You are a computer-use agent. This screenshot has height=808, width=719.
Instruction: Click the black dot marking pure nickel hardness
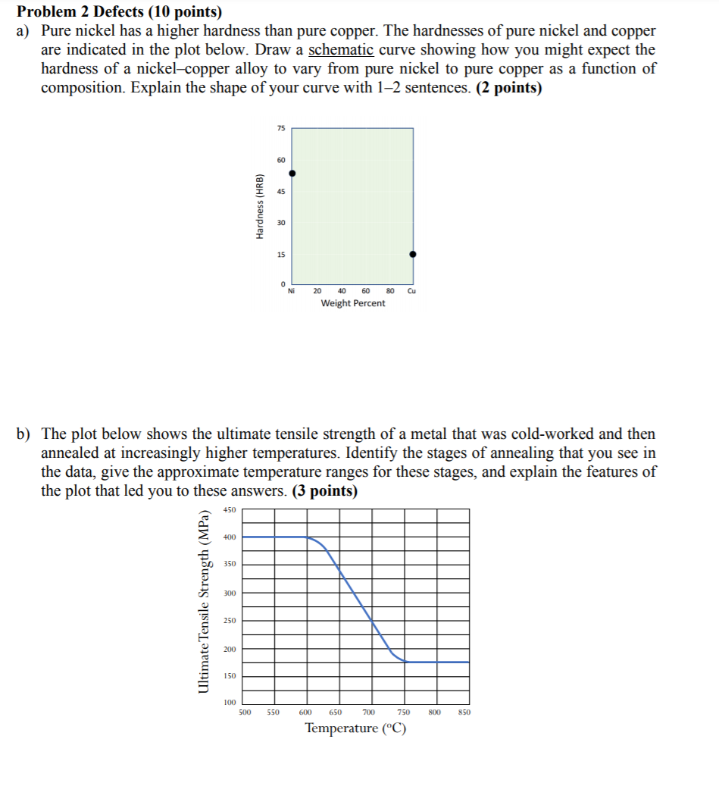(292, 174)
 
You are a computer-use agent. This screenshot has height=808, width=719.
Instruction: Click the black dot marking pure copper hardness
(413, 255)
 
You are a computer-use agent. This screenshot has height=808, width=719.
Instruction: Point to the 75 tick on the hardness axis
(281, 129)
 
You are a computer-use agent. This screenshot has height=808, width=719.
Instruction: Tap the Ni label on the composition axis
(292, 290)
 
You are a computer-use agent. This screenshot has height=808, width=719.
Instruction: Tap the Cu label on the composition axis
(412, 290)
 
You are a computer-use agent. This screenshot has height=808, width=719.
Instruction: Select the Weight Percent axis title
(352, 303)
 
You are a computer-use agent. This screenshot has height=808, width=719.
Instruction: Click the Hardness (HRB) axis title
(260, 207)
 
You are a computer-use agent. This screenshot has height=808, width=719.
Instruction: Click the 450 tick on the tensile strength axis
(230, 510)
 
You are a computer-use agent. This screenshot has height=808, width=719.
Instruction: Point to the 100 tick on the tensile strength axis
(230, 703)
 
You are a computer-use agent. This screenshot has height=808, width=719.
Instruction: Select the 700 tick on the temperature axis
(369, 712)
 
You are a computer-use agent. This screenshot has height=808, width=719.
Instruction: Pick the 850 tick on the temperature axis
(464, 712)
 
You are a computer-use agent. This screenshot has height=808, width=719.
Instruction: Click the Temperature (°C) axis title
(355, 729)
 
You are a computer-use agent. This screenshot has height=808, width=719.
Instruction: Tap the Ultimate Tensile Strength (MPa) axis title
(203, 601)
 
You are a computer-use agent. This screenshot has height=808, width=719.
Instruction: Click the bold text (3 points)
(324, 490)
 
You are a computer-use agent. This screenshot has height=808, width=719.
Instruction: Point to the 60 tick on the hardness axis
(281, 160)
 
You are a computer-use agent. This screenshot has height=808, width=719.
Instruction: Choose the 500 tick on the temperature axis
(245, 712)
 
